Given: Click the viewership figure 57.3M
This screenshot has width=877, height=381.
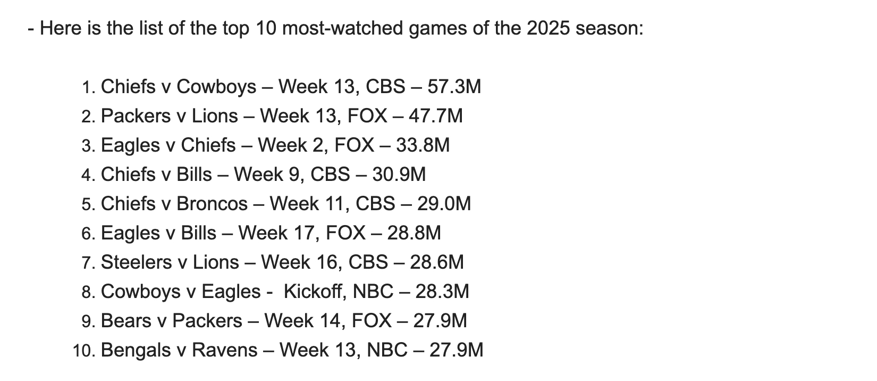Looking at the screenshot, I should tap(454, 87).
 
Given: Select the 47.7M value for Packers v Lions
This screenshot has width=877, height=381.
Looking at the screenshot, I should tap(436, 116).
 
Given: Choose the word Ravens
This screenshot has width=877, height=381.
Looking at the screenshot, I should tap(224, 350).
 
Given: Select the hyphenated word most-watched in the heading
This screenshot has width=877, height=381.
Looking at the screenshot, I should tap(342, 28).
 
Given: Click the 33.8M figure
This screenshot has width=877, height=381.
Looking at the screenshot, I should tap(423, 145).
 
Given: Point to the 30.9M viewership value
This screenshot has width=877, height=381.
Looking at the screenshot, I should tap(399, 175).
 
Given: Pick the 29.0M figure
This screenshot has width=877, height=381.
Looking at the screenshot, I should tap(444, 204).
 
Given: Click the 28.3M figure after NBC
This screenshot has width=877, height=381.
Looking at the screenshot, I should tap(442, 292).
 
